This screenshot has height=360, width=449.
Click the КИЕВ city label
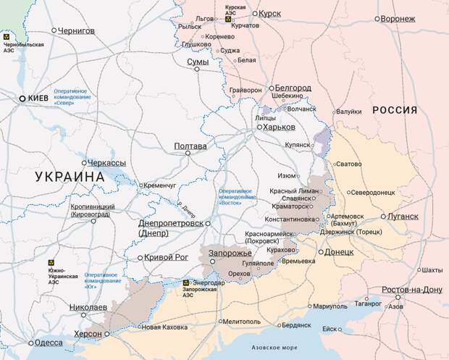pyautogui.click(x=38, y=98)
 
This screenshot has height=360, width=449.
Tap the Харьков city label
pyautogui.click(x=279, y=127)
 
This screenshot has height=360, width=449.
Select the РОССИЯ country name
pyautogui.click(x=395, y=110)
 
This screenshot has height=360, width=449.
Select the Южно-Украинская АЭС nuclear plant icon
pyautogui.click(x=51, y=264)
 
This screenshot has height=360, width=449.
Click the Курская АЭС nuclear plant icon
pyautogui.click(x=228, y=20)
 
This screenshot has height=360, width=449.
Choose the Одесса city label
pyautogui.click(x=49, y=343)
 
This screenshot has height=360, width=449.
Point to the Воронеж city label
pyautogui.click(x=398, y=19)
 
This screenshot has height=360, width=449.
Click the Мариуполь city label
pyautogui.click(x=331, y=306)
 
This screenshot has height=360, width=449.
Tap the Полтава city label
pyautogui.click(x=190, y=146)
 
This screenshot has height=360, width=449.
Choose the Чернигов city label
pyautogui.click(x=77, y=30)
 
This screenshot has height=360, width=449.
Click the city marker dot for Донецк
pyautogui.click(x=320, y=252)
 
